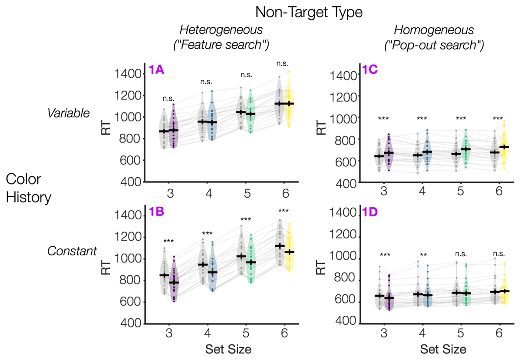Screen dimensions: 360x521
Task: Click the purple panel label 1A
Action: coord(156,70)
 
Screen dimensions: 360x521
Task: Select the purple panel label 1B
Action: coord(156,212)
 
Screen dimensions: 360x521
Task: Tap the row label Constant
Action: coord(72,251)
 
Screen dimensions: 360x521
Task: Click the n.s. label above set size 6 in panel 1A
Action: coord(283,64)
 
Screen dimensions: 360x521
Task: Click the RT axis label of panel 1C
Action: coord(321,128)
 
